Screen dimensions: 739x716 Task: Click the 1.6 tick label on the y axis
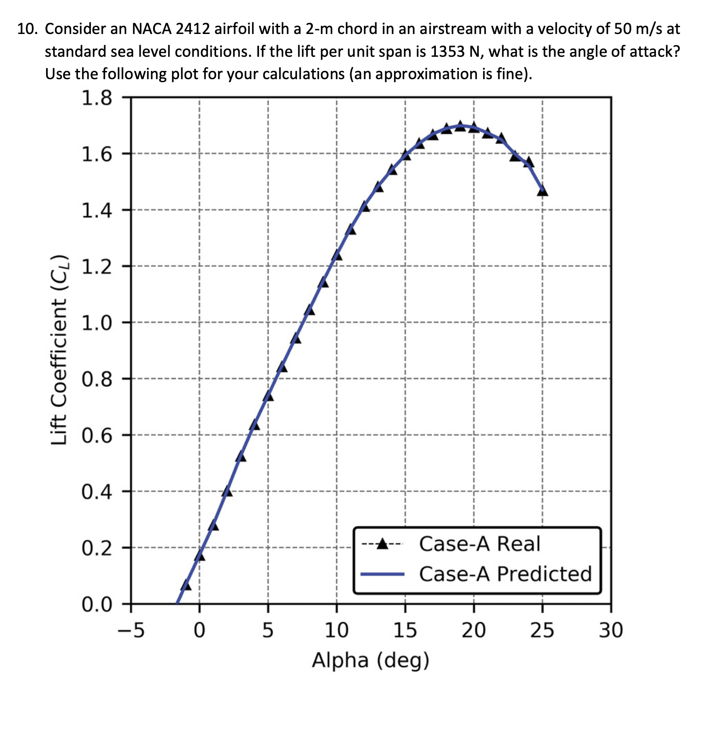pos(96,154)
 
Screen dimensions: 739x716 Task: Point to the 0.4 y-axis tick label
pos(96,492)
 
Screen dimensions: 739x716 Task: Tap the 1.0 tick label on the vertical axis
pos(96,323)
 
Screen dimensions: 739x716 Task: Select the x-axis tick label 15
pos(405,631)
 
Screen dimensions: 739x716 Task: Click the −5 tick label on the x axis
pos(131,631)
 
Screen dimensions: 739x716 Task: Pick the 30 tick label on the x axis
pos(611,631)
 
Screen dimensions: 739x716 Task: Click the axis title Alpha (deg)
pos(370,661)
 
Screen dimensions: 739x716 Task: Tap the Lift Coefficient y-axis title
pos(59,350)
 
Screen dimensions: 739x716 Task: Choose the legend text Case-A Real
pos(479,544)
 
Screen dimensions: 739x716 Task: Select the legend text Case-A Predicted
pos(505,574)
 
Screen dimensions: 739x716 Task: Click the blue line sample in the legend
pos(382,574)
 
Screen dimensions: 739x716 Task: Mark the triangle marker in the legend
pos(382,545)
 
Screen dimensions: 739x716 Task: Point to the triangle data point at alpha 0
pos(200,556)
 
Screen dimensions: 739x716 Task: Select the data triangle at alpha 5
pos(268,396)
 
